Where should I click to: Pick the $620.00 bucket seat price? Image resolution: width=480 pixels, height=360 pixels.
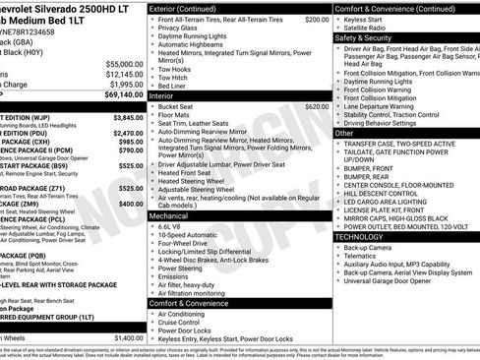[x=317, y=105]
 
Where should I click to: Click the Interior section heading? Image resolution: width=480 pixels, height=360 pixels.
[x=168, y=96]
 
